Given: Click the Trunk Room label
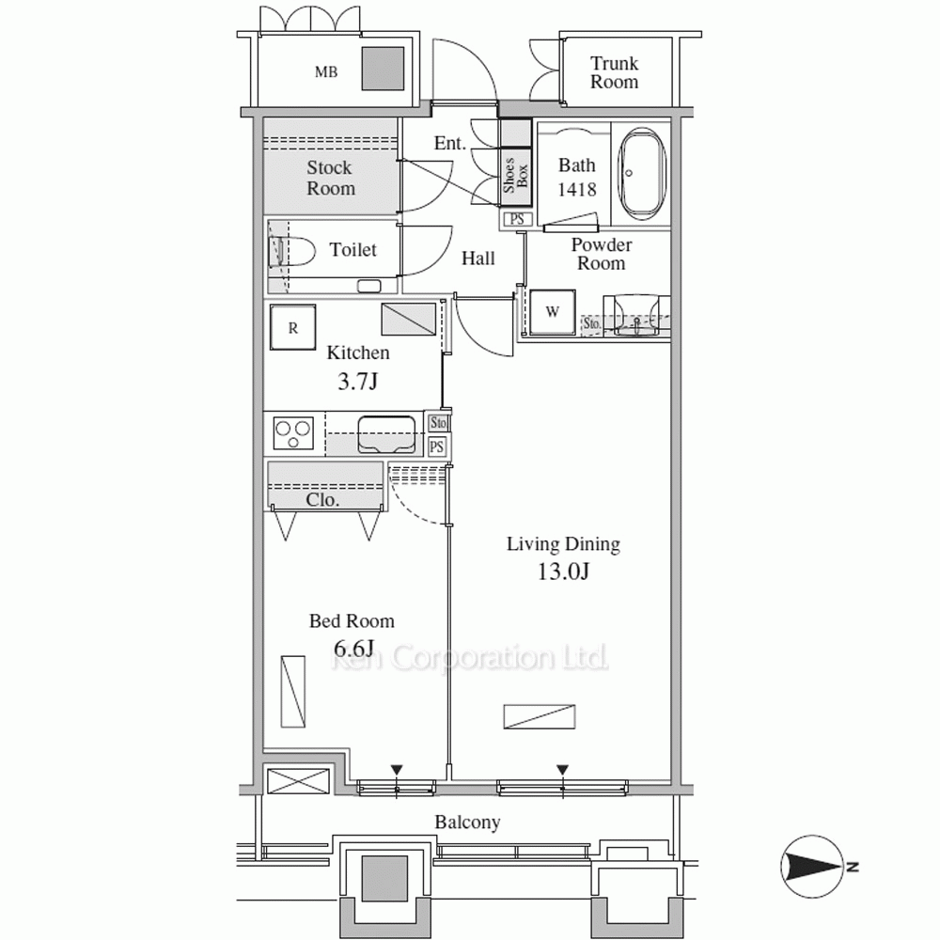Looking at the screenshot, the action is tap(614, 72).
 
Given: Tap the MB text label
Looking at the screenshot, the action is tap(326, 72).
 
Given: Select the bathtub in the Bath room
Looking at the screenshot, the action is tap(642, 173).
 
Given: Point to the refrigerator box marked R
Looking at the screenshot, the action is tap(292, 327).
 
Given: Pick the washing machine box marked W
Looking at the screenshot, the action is tap(552, 312).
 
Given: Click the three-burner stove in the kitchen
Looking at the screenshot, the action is tap(292, 432).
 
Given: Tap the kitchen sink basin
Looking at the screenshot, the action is tap(386, 434).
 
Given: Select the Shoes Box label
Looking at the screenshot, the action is tap(515, 175).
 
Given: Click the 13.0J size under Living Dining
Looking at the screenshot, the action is tap(563, 572).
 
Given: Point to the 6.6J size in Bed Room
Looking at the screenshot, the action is tap(353, 648).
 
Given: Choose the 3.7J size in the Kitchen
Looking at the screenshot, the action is tap(358, 381).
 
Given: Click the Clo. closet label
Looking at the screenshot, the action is tap(322, 499).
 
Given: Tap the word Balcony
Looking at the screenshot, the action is tap(467, 822).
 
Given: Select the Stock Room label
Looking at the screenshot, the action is tap(330, 178).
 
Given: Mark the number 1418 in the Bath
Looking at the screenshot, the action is tap(577, 190).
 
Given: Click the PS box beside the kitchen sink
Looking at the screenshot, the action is tap(437, 446).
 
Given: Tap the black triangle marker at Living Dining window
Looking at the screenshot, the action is tap(562, 770).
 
